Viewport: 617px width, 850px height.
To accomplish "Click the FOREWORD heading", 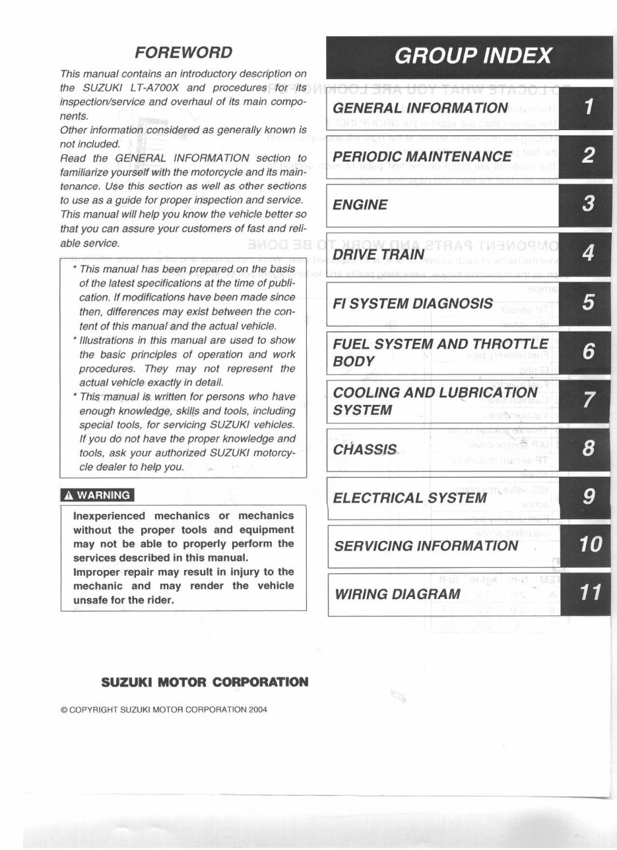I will [x=183, y=52].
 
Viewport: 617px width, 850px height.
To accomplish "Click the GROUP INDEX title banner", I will [x=472, y=55].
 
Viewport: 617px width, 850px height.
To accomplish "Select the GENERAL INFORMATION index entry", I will [x=420, y=108].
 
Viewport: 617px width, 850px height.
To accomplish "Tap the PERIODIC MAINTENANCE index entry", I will [x=422, y=157].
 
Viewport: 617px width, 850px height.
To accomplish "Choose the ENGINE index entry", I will [x=360, y=205].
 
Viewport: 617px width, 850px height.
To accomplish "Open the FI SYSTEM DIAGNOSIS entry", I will [x=413, y=303].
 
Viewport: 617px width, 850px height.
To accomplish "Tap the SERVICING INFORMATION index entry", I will [x=426, y=546].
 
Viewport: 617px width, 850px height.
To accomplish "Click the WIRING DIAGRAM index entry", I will [x=397, y=593].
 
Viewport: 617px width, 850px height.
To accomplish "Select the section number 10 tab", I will [x=589, y=545].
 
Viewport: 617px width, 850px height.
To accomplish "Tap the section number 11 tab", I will [x=589, y=593].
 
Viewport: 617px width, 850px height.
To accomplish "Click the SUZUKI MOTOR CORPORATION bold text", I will [x=204, y=681].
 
